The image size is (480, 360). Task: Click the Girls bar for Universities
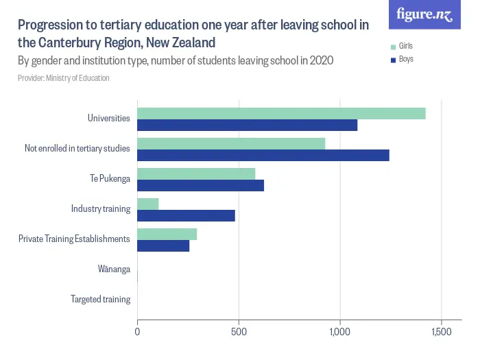pyautogui.click(x=281, y=114)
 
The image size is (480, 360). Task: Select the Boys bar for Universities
pyautogui.click(x=247, y=125)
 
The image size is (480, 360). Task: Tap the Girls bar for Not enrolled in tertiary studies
pyautogui.click(x=231, y=144)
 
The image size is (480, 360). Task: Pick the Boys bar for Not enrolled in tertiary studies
pyautogui.click(x=263, y=156)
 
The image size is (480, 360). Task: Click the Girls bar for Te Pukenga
pyautogui.click(x=196, y=174)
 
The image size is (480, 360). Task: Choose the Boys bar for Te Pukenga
pyautogui.click(x=200, y=186)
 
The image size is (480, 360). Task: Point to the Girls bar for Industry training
pyautogui.click(x=148, y=204)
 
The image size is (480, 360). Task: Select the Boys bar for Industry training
pyautogui.click(x=186, y=215)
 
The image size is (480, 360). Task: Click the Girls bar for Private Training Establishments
pyautogui.click(x=167, y=234)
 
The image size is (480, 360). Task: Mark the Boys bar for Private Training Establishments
pyautogui.click(x=163, y=245)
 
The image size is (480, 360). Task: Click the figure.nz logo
pyautogui.click(x=424, y=14)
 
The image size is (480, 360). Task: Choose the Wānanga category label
pyautogui.click(x=114, y=269)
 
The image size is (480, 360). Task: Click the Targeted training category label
pyautogui.click(x=100, y=300)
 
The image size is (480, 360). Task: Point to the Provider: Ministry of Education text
pyautogui.click(x=63, y=78)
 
